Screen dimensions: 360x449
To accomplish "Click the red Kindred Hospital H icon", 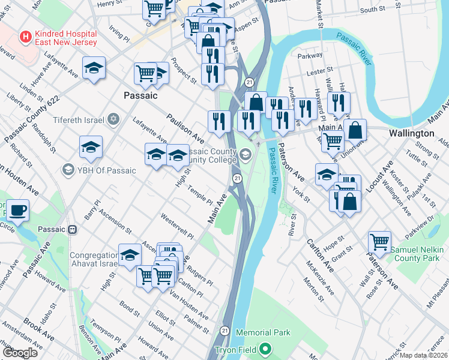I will [x=25, y=37].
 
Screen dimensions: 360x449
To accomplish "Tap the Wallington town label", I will [x=411, y=133].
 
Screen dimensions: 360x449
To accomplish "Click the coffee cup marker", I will [x=17, y=211].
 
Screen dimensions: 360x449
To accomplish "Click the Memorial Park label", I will [x=263, y=332].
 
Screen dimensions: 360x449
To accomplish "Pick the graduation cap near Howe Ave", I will [x=94, y=68].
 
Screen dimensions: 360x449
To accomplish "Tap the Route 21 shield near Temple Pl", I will [x=237, y=178].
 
